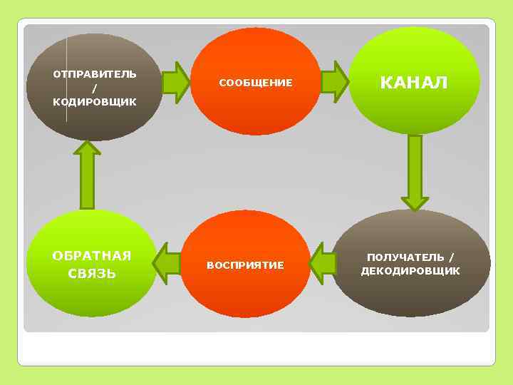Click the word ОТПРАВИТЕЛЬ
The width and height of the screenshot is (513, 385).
pyautogui.click(x=95, y=74)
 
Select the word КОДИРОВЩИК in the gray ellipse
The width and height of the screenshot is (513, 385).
pyautogui.click(x=95, y=102)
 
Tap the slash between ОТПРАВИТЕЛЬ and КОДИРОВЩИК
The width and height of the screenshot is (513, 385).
pyautogui.click(x=95, y=88)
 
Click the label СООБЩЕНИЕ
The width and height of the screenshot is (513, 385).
pyautogui.click(x=255, y=83)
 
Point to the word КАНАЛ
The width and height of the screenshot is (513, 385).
pyautogui.click(x=414, y=83)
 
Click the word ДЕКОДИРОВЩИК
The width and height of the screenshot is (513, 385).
pyautogui.click(x=410, y=271)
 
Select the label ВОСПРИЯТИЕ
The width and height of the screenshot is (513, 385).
pyautogui.click(x=245, y=265)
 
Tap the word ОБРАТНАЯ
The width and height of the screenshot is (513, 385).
pyautogui.click(x=92, y=256)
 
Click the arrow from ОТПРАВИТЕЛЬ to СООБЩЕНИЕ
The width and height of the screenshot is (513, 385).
pyautogui.click(x=175, y=82)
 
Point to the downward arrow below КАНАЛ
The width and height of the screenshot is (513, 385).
pyautogui.click(x=415, y=171)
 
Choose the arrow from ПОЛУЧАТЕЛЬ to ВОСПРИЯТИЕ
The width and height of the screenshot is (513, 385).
pyautogui.click(x=323, y=264)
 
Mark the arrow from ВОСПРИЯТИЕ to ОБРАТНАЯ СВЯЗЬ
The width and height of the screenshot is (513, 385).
pyautogui.click(x=167, y=264)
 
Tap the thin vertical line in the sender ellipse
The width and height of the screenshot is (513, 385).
pyautogui.click(x=67, y=78)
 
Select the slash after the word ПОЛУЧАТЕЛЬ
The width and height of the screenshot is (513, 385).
pyautogui.click(x=452, y=257)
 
